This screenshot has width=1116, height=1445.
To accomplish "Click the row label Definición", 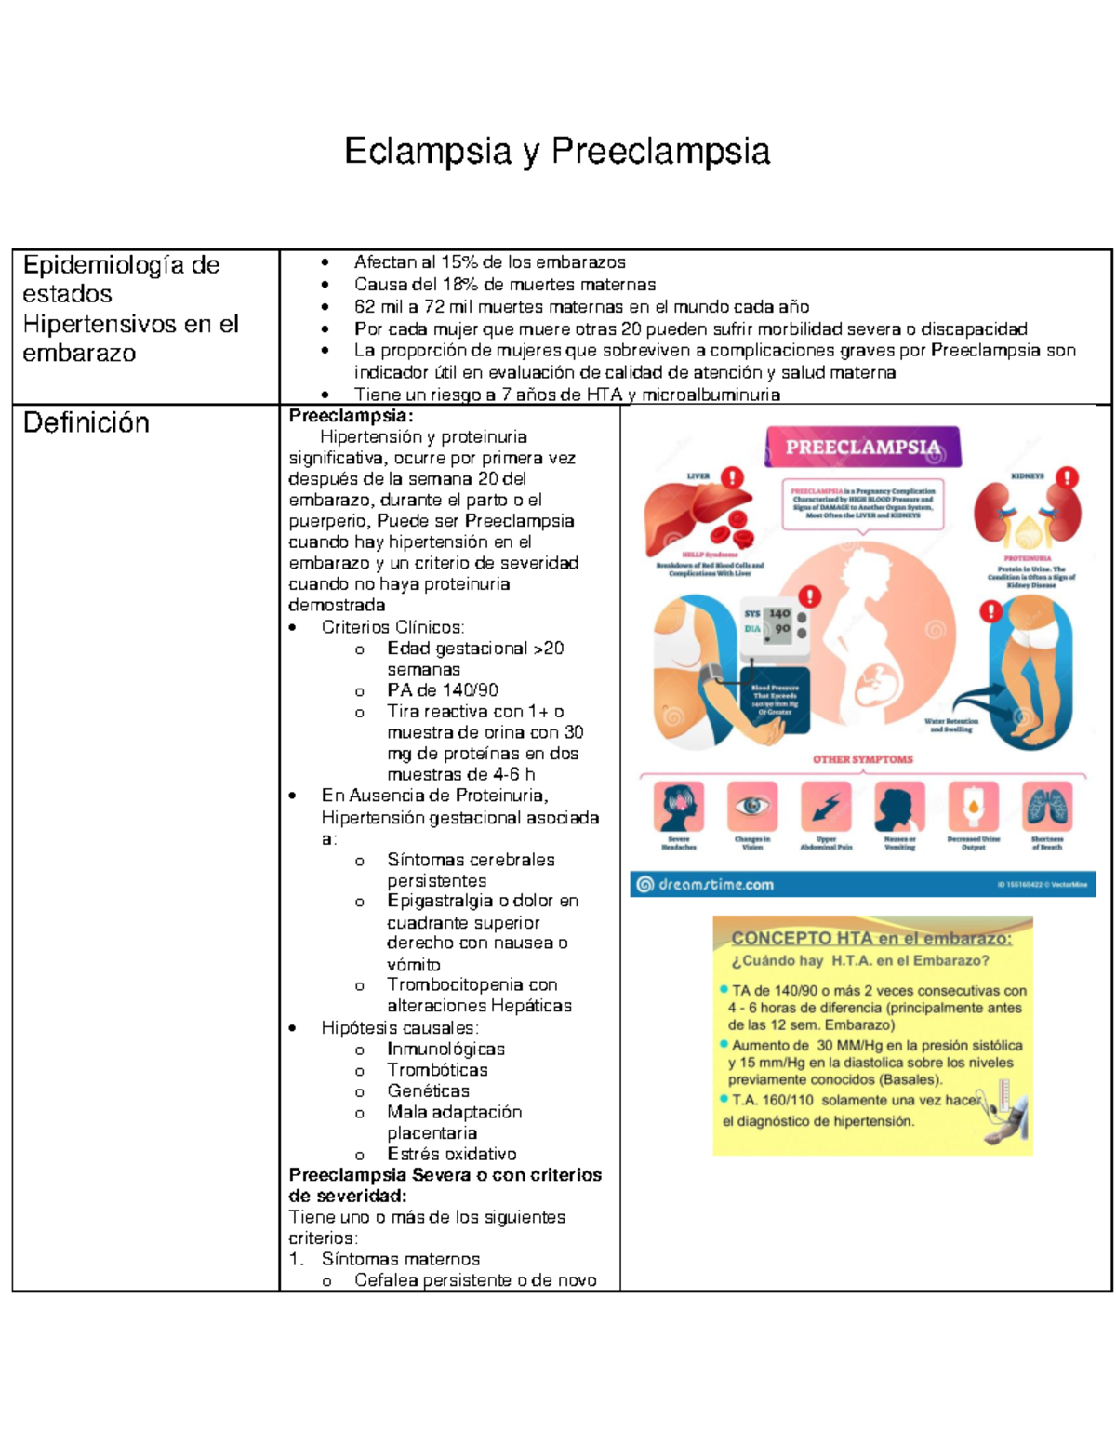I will (86, 423).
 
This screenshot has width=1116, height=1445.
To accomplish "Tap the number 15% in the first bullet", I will (458, 262).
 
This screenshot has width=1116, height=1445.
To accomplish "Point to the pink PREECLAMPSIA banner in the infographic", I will (862, 448).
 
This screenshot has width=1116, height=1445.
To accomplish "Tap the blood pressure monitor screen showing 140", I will (779, 614).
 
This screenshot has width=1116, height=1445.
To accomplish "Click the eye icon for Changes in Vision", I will (752, 806).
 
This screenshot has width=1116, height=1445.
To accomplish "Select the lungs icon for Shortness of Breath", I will (1046, 806).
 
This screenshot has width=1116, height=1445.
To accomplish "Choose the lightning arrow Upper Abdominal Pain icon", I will (826, 806).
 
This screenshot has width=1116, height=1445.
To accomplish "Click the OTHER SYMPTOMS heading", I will (862, 759).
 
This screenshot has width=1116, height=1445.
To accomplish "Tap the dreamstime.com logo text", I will (715, 885).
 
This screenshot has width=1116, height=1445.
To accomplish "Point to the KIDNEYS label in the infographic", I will (1027, 476).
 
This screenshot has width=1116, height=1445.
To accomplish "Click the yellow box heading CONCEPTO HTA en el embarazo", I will (870, 939).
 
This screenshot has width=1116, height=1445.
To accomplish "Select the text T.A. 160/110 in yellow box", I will (772, 1100).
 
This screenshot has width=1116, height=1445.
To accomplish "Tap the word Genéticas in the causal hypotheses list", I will (428, 1090).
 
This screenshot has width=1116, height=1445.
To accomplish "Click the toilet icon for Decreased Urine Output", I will (973, 806).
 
